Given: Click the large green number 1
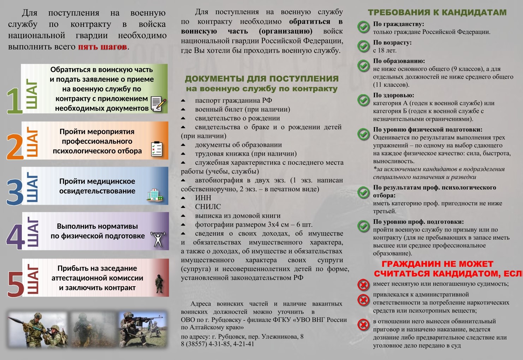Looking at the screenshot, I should tap(14, 101).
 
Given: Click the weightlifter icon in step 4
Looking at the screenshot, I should tap(158, 239).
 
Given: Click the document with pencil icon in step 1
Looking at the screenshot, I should tap(158, 104).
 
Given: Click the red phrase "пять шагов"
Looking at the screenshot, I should tap(102, 47).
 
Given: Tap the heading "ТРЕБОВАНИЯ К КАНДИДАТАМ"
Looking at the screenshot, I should tap(437, 13).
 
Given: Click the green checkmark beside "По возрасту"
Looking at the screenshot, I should tap(363, 46).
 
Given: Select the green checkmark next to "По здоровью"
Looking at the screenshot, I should tap(363, 100).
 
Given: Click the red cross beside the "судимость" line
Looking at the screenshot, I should tap(363, 284).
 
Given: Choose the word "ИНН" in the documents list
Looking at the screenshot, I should tap(203, 198).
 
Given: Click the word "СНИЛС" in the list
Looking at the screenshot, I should tap(208, 207).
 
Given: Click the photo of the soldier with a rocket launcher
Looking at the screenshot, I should tap(37, 330).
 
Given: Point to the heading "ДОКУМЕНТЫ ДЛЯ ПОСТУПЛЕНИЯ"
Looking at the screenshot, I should tap(262, 79).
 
